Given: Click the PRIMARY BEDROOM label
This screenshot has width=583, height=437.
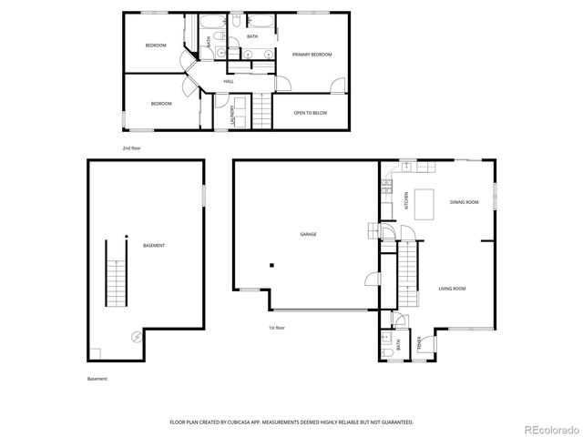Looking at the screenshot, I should point(312,56).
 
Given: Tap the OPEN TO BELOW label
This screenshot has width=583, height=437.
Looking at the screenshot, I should point(311,113).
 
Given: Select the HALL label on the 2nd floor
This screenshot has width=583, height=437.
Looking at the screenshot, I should point(229,82).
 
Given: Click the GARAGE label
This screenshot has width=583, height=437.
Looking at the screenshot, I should point(309,235).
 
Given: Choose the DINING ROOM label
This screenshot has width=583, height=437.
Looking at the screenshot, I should point(464,202).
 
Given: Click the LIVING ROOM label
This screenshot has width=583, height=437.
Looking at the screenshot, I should point(452,289).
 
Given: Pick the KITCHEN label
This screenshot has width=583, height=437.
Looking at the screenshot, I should point(406,201).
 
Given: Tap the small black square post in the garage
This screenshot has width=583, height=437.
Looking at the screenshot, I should point(271,265).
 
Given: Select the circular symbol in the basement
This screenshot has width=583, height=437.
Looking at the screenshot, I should point(136,336).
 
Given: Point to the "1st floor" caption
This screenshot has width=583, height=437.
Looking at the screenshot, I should point(277,328).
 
